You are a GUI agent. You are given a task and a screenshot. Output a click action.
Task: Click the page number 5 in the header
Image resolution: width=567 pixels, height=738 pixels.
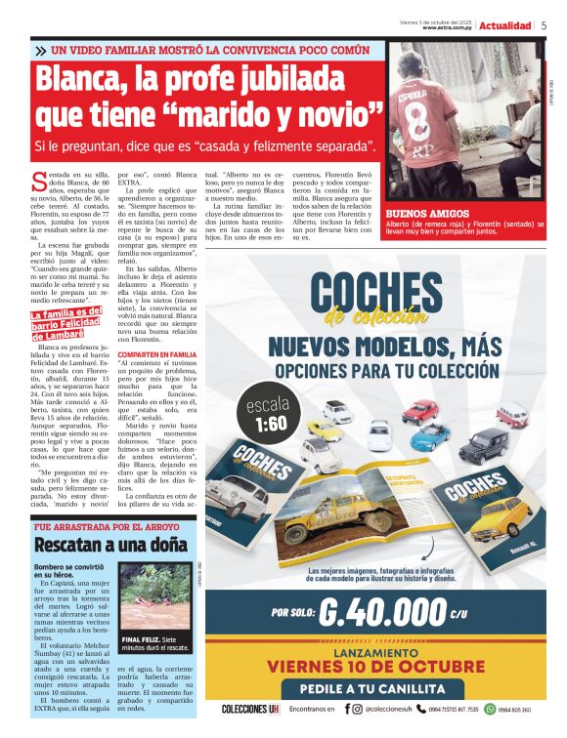[x=544, y=25]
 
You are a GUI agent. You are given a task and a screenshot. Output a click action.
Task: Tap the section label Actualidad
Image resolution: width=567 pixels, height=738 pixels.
[x=505, y=25]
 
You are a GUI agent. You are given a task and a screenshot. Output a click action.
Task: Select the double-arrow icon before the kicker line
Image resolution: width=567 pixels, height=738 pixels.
[x=39, y=51]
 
